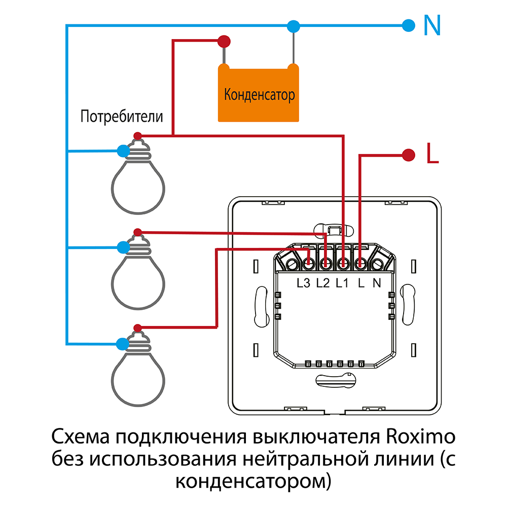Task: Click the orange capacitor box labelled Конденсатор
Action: coord(259,94)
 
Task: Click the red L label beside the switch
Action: coord(432,154)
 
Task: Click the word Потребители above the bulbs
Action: coord(122,117)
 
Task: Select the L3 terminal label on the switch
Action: coord(303,283)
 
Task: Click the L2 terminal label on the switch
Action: coord(323,283)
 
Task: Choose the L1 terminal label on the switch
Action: coord(342,283)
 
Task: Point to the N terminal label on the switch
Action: coord(377,283)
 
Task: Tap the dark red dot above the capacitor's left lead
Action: coord(224,41)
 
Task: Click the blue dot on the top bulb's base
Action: coord(123,151)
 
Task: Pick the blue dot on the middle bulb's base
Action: coord(123,247)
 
